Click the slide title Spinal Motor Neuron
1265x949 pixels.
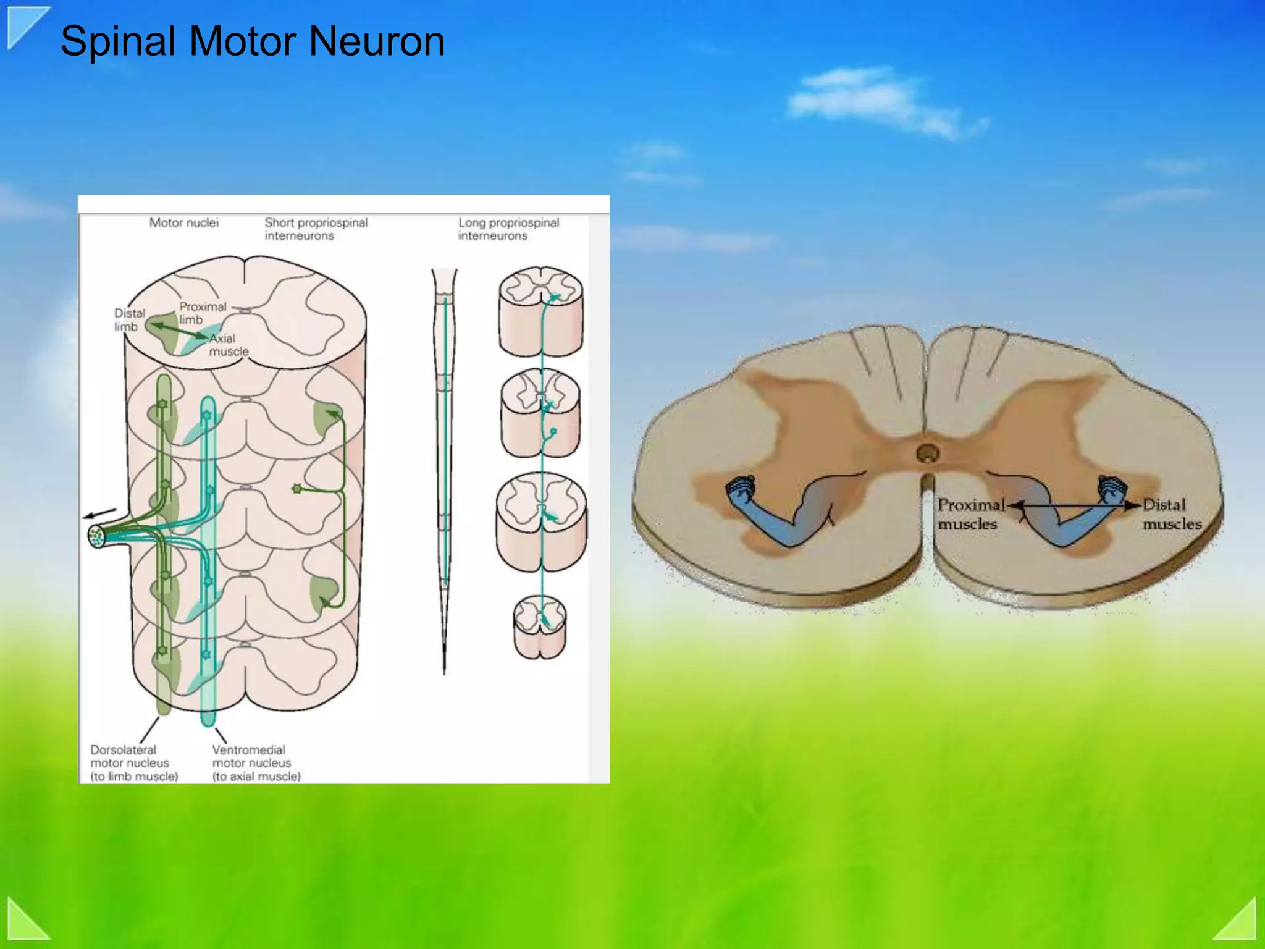(x=252, y=42)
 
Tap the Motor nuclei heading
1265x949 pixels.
(x=183, y=223)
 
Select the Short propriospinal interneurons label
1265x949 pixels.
(x=316, y=229)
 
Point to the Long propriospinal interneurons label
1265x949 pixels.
(x=508, y=229)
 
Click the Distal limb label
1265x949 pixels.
(x=129, y=319)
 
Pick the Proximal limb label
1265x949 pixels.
(x=203, y=313)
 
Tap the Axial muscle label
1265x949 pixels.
(x=228, y=345)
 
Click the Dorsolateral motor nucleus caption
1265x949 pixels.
(x=133, y=763)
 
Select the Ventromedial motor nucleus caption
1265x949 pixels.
(x=256, y=763)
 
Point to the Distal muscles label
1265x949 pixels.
(x=1171, y=514)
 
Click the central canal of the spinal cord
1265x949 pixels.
(x=927, y=453)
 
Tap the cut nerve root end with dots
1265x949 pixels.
(x=96, y=536)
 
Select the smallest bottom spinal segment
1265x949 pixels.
(x=539, y=627)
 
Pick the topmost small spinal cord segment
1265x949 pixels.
(x=540, y=311)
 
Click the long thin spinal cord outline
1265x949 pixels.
(x=444, y=470)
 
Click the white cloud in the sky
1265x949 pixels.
(x=877, y=102)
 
